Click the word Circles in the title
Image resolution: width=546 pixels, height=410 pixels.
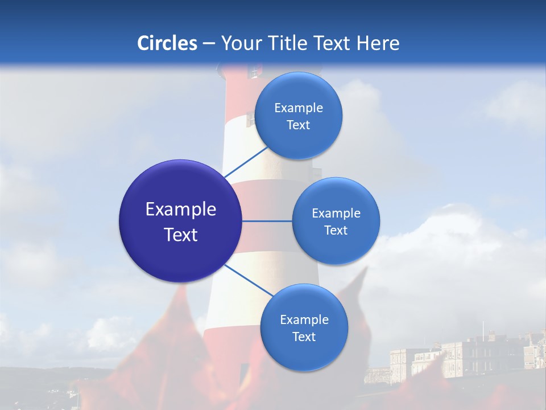167,43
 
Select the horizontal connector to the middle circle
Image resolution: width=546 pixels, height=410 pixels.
267,221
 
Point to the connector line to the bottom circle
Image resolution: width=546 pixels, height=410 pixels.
249,280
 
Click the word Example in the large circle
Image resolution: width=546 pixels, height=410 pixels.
181,210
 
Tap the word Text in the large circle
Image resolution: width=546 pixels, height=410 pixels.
181,235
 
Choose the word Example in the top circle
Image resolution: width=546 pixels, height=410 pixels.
299,108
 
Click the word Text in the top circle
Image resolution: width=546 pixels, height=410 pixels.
299,125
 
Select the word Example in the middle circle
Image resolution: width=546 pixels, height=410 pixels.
336,214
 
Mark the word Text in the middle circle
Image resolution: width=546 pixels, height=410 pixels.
336,231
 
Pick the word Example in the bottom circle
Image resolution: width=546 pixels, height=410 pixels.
304,320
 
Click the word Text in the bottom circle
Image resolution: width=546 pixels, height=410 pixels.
304,337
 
